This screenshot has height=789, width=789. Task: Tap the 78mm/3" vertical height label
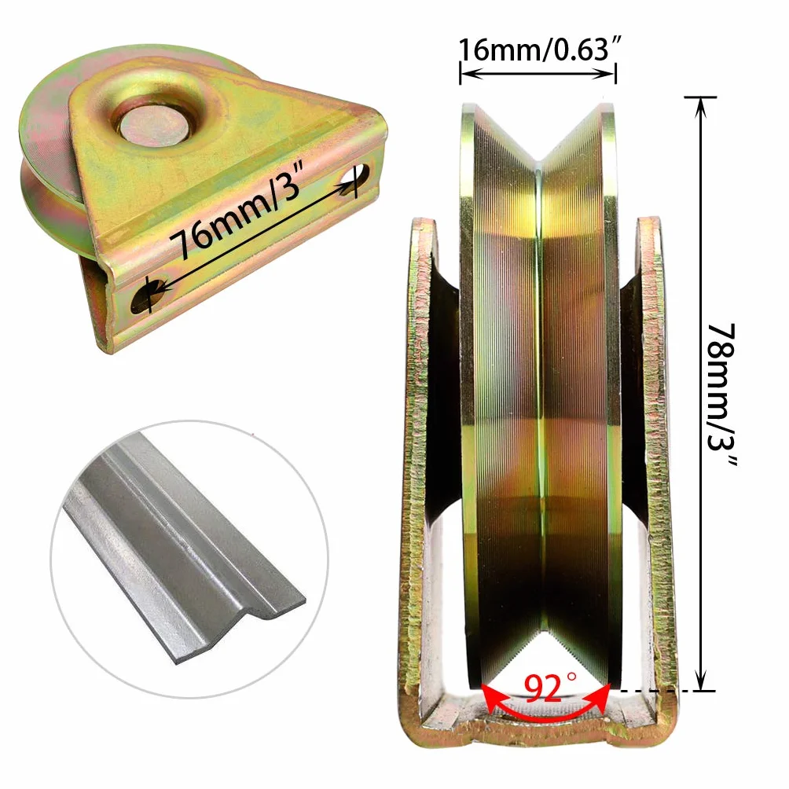[722, 395]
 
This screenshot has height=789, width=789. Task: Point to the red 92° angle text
[550, 688]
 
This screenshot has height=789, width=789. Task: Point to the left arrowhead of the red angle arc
[490, 696]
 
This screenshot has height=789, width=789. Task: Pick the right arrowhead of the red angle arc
[601, 697]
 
